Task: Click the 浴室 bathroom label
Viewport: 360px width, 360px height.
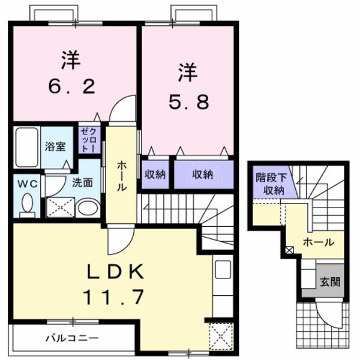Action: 58,146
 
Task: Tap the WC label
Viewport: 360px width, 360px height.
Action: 25,184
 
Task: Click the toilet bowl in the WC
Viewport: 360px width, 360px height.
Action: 26,206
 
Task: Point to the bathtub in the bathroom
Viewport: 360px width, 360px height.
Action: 26,148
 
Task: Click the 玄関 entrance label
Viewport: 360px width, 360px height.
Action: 329,281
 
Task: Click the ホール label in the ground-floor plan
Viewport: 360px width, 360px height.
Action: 319,243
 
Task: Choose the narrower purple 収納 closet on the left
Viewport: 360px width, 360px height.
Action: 156,174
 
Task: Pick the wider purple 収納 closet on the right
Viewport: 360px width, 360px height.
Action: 202,174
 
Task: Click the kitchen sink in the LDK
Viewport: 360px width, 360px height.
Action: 223,270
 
